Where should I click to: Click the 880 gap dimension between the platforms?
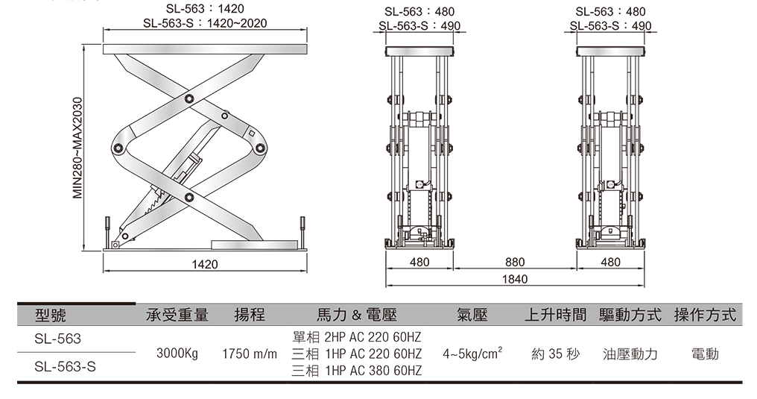(x=514, y=263)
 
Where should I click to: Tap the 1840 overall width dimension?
(x=514, y=280)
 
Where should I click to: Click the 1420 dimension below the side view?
(x=205, y=264)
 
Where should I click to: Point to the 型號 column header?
(x=51, y=315)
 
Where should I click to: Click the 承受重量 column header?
(x=177, y=315)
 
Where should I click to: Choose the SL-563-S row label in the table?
(x=65, y=367)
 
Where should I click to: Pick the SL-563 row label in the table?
(x=57, y=339)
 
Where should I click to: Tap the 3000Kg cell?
(x=177, y=354)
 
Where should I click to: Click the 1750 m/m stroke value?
(x=250, y=354)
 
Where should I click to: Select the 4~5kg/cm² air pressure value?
(x=471, y=353)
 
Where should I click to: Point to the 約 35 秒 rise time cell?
(x=555, y=354)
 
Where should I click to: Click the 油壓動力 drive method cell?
(x=630, y=354)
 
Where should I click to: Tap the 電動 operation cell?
(x=705, y=354)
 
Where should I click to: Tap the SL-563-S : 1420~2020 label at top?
(x=205, y=24)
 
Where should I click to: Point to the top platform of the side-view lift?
(x=205, y=49)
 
